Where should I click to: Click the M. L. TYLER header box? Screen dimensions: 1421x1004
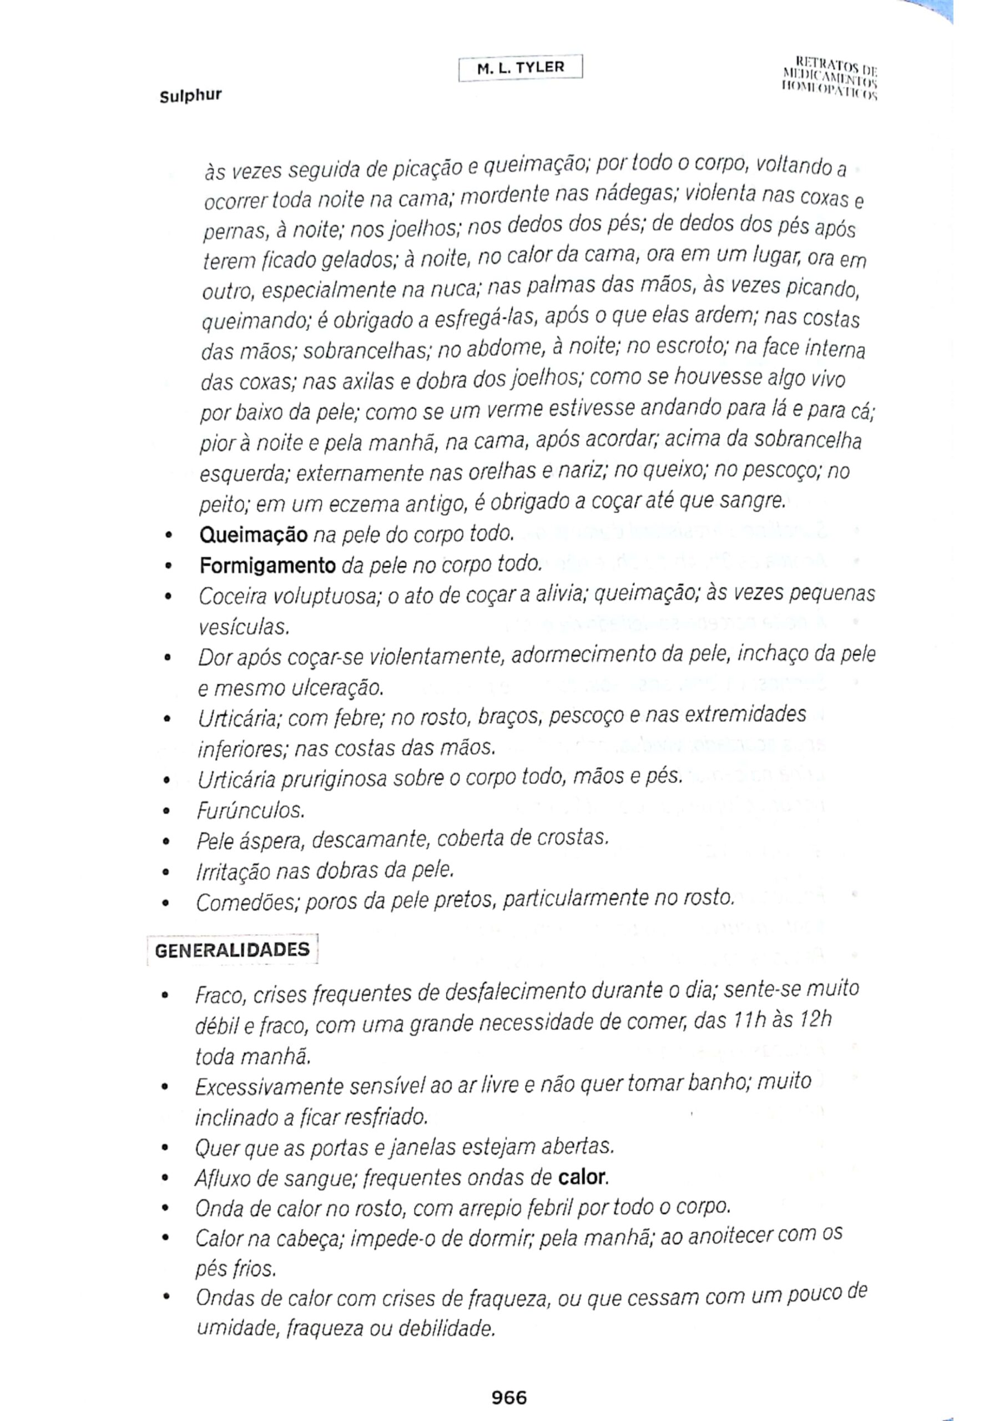[520, 68]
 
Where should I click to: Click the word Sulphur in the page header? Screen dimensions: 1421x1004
[190, 96]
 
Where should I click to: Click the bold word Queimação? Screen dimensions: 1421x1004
[253, 535]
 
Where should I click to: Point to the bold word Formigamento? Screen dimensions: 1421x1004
[268, 565]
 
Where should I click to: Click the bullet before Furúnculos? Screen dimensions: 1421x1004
[165, 812]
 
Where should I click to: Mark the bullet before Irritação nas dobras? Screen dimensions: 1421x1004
[165, 873]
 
